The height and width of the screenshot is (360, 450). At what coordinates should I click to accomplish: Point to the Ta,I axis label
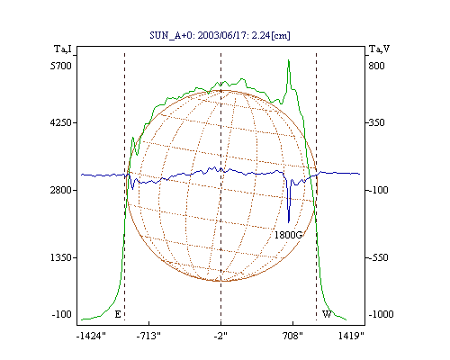63,49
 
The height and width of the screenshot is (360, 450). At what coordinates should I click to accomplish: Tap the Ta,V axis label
379,49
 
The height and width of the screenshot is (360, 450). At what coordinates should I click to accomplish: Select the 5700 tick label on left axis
61,66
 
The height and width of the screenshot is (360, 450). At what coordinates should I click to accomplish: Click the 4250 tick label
61,122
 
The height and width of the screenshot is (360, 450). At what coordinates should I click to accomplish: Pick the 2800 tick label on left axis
61,190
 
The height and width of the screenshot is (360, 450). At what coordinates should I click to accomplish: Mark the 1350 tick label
61,257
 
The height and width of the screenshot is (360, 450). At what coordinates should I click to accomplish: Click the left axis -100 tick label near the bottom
62,314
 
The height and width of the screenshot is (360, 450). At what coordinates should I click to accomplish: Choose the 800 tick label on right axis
376,66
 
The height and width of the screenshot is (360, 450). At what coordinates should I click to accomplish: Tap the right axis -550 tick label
378,257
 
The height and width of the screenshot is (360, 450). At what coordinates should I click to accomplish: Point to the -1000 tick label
381,314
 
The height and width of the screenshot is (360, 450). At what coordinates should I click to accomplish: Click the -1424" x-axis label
91,336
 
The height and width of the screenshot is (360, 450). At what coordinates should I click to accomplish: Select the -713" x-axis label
148,336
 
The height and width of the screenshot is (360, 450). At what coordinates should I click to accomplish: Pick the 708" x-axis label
292,336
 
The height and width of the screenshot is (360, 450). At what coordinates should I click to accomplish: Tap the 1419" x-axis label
351,336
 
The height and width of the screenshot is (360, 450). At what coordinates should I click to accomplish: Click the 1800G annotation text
288,235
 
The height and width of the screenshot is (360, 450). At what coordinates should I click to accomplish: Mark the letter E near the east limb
118,314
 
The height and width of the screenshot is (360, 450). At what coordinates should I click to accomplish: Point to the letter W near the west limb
327,314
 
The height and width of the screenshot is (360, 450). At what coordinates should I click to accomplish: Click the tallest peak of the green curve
289,60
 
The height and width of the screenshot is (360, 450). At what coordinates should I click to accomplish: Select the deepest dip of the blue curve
289,222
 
